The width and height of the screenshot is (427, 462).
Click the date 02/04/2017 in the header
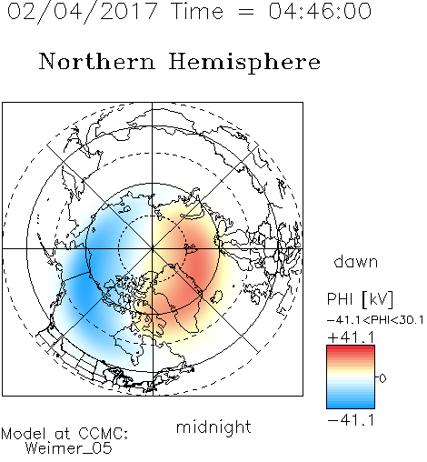tap(83, 12)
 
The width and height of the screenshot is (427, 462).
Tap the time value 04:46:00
tap(320, 11)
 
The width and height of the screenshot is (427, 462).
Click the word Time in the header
tap(197, 11)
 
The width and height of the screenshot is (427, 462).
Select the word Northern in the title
tap(97, 61)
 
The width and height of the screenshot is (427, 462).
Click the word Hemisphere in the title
tap(244, 63)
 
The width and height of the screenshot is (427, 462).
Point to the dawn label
tap(356, 261)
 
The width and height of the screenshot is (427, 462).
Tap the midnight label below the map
tap(213, 427)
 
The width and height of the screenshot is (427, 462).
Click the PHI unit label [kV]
tap(377, 299)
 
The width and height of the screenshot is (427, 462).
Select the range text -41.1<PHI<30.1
tap(375, 320)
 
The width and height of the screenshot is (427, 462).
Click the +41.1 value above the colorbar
tap(352, 337)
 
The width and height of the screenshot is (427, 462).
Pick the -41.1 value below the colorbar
tap(352, 420)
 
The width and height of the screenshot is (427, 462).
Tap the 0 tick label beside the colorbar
tap(382, 378)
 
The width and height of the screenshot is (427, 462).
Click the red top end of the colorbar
tap(351, 347)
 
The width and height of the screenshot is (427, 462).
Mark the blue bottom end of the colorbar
tap(351, 407)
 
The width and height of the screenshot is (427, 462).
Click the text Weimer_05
tap(69, 448)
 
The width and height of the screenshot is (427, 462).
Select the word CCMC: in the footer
tap(104, 434)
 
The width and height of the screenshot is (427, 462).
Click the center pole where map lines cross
tap(153, 249)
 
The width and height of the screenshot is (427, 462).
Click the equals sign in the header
tap(246, 12)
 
